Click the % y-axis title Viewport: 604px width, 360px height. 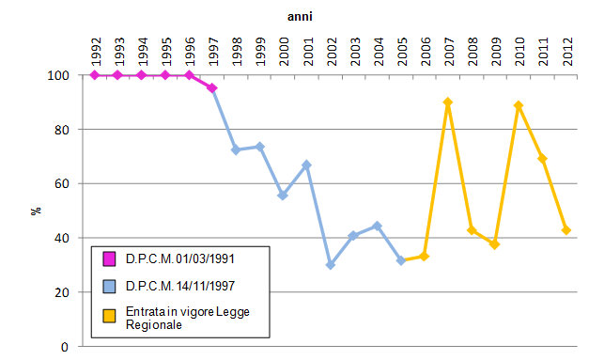click(x=37, y=211)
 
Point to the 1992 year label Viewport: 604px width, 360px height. click(x=95, y=48)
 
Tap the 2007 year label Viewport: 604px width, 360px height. click(x=448, y=48)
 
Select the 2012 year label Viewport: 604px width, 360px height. click(x=566, y=48)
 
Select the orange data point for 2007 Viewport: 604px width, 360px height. click(x=448, y=102)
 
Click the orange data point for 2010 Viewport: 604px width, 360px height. click(x=519, y=105)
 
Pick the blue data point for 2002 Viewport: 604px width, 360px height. click(x=331, y=265)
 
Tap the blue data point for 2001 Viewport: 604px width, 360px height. click(x=307, y=165)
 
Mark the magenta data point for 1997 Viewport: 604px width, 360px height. click(x=212, y=88)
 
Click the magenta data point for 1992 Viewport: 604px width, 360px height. click(x=95, y=75)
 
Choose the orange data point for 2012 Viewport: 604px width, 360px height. click(x=566, y=230)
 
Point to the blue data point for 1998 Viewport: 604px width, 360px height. click(x=236, y=149)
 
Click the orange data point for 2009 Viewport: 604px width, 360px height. click(x=495, y=244)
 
